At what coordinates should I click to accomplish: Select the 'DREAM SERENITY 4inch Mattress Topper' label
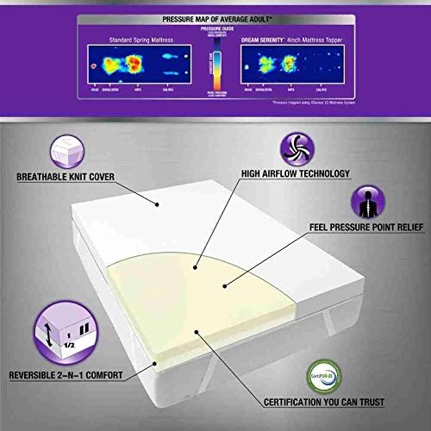point(298,39)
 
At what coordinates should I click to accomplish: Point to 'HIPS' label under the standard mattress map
point(139,88)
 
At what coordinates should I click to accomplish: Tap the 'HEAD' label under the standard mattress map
point(92,88)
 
